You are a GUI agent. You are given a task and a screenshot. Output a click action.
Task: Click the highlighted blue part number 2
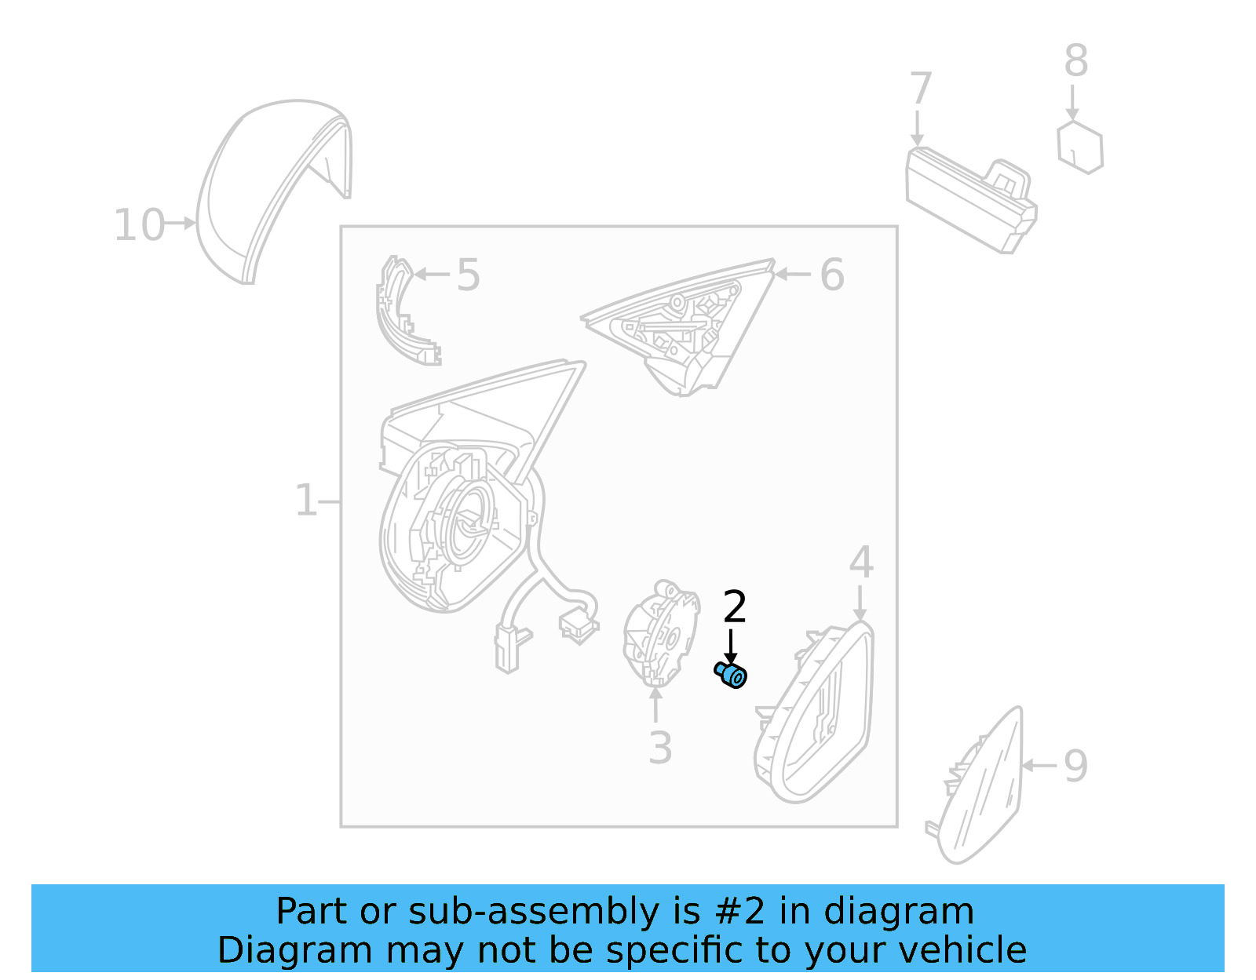click(x=732, y=675)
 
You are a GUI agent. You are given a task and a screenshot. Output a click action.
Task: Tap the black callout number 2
click(x=734, y=607)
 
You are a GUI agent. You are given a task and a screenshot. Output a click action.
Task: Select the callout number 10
click(x=139, y=225)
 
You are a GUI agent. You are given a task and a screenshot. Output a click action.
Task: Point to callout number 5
click(x=468, y=275)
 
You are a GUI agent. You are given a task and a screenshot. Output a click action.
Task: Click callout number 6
click(x=831, y=275)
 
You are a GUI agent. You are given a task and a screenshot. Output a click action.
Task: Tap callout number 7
click(x=920, y=89)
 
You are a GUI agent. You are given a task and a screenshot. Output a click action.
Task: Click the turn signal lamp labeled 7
click(x=970, y=200)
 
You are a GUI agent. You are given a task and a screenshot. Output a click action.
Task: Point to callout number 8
click(x=1075, y=61)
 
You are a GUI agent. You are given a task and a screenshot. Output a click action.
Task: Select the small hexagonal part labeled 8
click(x=1080, y=147)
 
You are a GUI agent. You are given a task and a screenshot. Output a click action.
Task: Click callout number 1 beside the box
click(x=305, y=501)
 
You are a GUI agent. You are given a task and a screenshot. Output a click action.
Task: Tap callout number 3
click(x=660, y=749)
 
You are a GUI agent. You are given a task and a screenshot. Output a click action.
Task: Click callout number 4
click(x=861, y=563)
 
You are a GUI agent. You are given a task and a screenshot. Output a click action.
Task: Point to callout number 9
click(x=1075, y=766)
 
